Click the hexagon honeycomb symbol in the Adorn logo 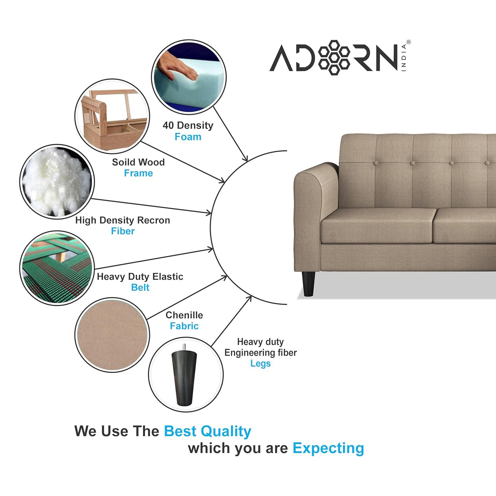(334, 57)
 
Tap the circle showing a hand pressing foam (188, 77)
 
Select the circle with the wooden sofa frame (112, 116)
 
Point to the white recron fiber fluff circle (57, 182)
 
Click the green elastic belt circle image (57, 268)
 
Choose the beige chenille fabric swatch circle (112, 335)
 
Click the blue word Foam (188, 137)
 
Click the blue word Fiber (123, 231)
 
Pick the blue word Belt (140, 287)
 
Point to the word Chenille (184, 315)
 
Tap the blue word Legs (260, 364)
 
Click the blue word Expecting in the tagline (328, 448)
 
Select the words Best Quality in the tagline (207, 431)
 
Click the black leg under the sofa (308, 284)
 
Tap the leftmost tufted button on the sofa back (376, 163)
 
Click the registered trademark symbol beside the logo (408, 42)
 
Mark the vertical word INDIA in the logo (404, 57)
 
